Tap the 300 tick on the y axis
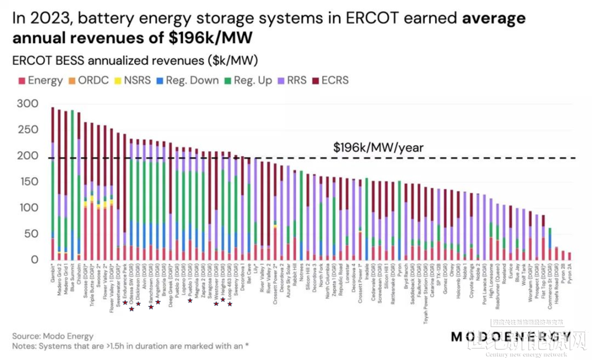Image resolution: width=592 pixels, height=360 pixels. click(27, 104)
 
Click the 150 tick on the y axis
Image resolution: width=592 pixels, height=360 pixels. click(27, 182)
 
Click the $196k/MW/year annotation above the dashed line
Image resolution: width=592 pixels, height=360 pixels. click(378, 147)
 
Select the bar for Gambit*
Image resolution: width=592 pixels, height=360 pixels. click(53, 184)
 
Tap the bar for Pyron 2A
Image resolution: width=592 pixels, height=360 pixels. click(569, 256)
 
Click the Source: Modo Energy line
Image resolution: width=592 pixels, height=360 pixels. click(53, 336)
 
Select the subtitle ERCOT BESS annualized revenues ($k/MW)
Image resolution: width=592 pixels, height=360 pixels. click(135, 60)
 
